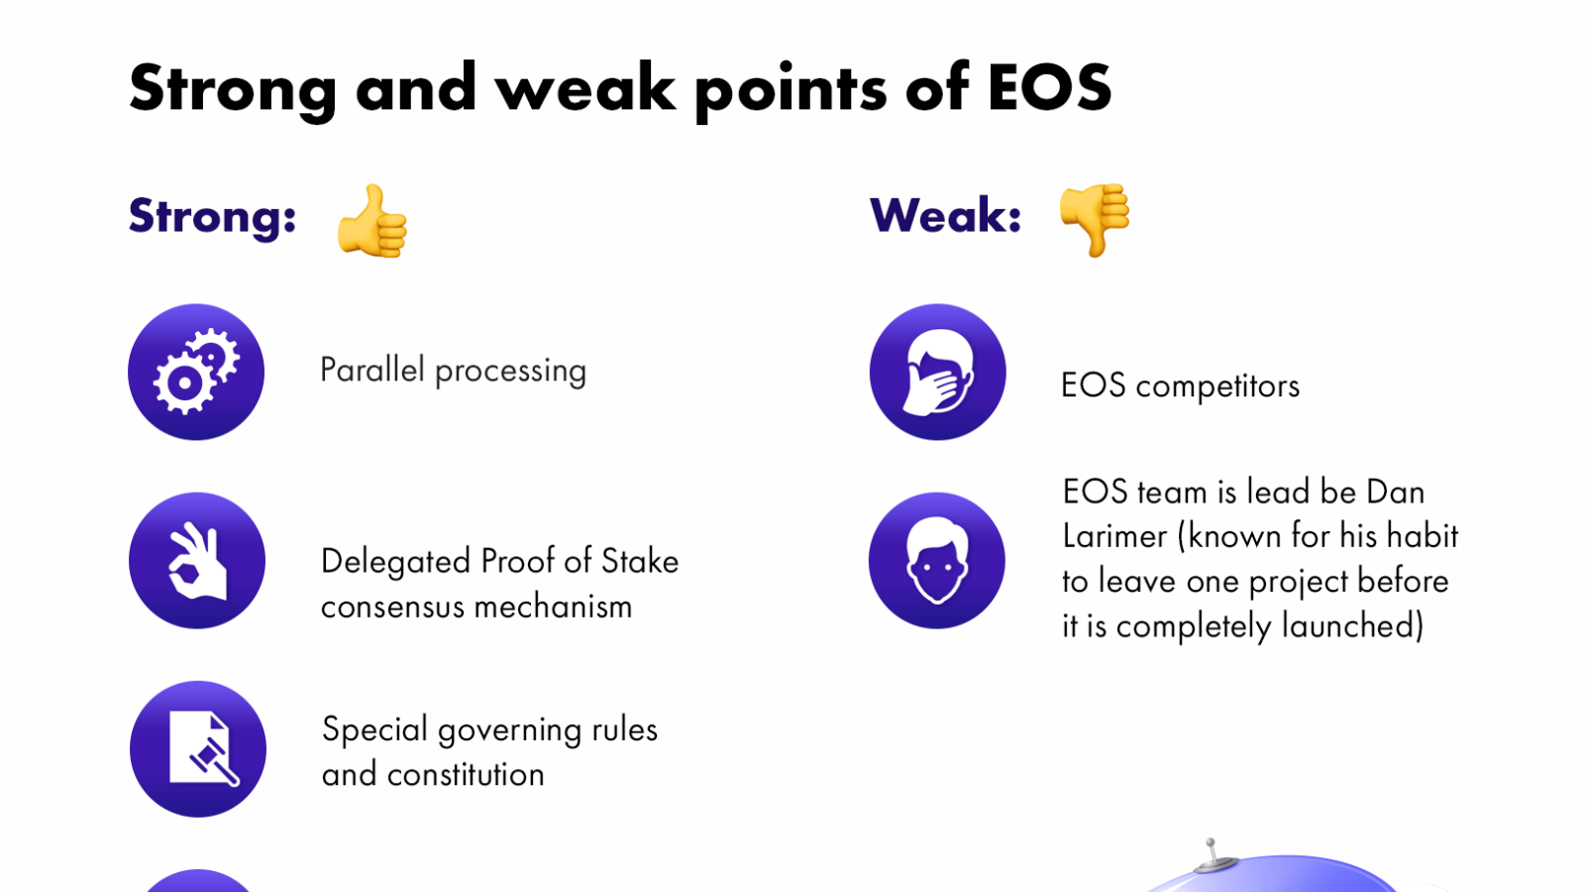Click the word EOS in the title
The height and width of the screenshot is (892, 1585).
pos(1049,88)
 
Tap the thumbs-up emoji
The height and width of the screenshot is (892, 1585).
pos(372,220)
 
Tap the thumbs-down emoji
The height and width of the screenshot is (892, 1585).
pos(1094,219)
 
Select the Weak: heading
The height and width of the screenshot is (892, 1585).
pos(945,215)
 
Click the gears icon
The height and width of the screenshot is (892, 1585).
pos(196,372)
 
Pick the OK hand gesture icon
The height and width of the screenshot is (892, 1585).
pos(197,561)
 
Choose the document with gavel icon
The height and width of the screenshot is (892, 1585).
pos(197,749)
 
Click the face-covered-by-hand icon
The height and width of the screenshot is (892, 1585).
pos(937,372)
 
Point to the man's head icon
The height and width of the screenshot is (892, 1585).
pos(937,561)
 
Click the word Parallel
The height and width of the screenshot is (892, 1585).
pos(372,370)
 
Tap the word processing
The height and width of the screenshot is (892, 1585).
pos(510,373)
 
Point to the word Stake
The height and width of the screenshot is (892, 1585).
pos(640,561)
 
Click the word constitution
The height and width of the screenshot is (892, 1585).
pos(466,774)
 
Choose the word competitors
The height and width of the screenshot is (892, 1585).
pos(1217,387)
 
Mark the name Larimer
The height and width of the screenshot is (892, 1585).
pos(1114,536)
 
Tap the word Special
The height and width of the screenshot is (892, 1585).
pos(374,730)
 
